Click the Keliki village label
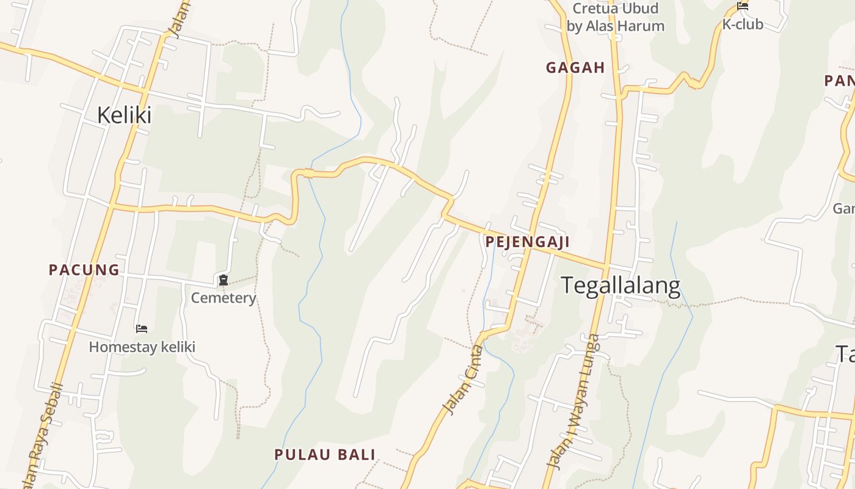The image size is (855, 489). pyautogui.click(x=124, y=115)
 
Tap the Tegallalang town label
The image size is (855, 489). pyautogui.click(x=620, y=286)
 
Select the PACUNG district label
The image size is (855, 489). pyautogui.click(x=84, y=270)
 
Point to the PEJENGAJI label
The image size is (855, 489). pyautogui.click(x=528, y=242)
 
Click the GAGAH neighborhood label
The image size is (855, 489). pyautogui.click(x=575, y=68)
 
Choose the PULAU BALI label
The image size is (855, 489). pyautogui.click(x=324, y=454)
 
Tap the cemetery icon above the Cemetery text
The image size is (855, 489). pyautogui.click(x=224, y=281)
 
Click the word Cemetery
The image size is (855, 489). pyautogui.click(x=224, y=298)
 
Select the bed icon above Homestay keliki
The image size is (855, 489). pyautogui.click(x=142, y=329)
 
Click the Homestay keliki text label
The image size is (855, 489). pyautogui.click(x=142, y=347)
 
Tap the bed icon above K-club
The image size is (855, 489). pyautogui.click(x=743, y=7)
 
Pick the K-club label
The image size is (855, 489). pyautogui.click(x=743, y=25)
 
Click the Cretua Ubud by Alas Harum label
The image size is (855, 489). pyautogui.click(x=615, y=17)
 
